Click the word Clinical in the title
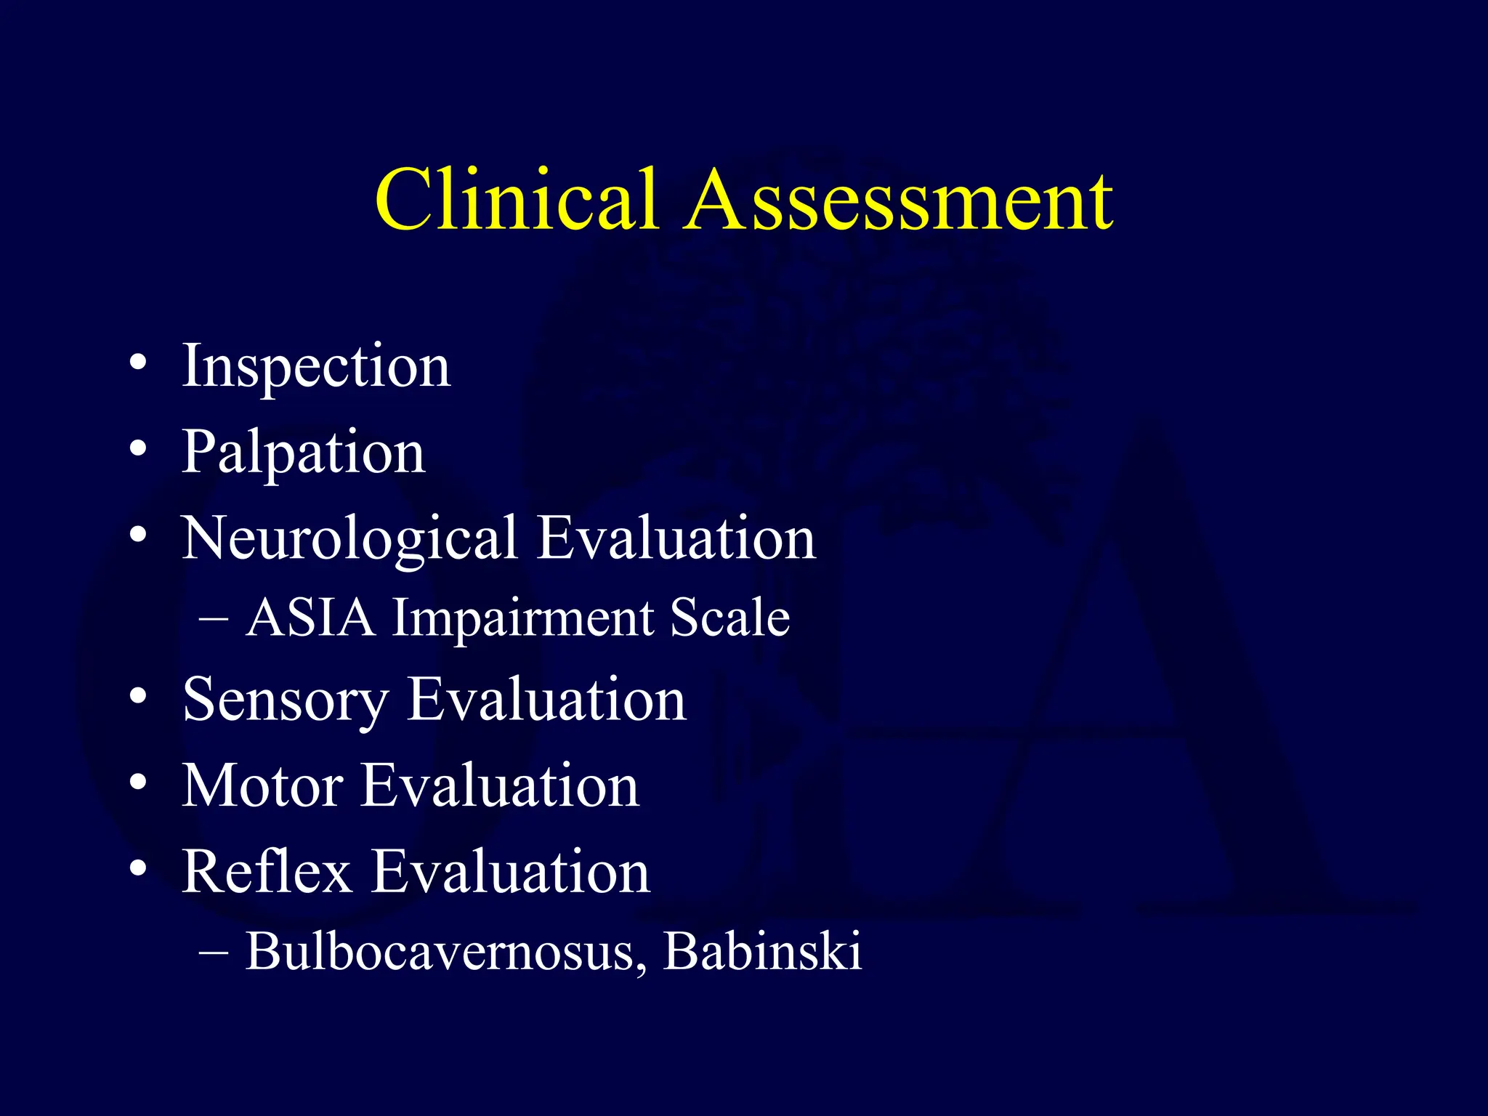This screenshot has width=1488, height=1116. pos(516,199)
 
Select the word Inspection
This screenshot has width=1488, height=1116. pos(316,366)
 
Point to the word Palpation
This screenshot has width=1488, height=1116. pos(303,453)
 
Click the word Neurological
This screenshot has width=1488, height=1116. pos(349,539)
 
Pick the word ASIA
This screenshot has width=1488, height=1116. pos(311,618)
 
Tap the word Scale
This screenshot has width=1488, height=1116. pos(729,618)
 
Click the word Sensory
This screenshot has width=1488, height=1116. pos(285,700)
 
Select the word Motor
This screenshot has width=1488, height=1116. pos(262,786)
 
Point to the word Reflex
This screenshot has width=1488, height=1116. pos(267,872)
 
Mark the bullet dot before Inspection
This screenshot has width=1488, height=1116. pos(138,362)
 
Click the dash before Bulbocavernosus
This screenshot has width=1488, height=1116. pos(213,952)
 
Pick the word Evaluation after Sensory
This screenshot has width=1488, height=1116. pos(546,699)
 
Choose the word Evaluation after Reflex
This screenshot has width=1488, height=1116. pos(511,872)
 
